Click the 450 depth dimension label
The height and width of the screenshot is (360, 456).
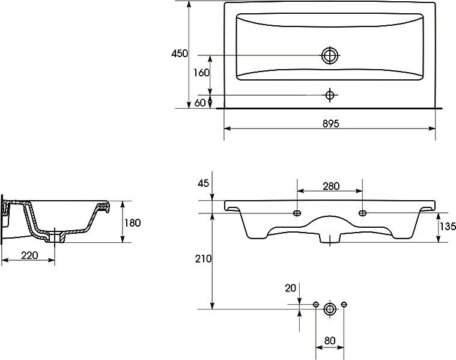(180, 53)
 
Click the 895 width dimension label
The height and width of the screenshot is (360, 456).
(330, 123)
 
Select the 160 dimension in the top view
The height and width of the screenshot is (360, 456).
(201, 73)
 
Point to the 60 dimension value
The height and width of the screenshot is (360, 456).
(201, 103)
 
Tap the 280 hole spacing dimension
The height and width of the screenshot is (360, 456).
(331, 186)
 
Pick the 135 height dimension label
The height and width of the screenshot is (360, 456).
(447, 227)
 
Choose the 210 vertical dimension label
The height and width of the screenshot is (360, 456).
(203, 258)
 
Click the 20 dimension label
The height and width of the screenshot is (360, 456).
(290, 288)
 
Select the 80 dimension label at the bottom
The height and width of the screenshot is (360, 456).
(330, 341)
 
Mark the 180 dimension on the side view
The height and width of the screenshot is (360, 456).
(132, 223)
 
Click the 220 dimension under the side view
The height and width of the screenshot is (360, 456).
(29, 255)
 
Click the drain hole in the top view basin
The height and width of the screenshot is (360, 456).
(329, 56)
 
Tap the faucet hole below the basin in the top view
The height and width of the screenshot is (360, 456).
(329, 94)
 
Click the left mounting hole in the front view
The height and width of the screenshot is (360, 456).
(297, 213)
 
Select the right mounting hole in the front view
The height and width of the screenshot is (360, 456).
(362, 213)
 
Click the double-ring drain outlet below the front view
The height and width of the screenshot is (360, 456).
(330, 309)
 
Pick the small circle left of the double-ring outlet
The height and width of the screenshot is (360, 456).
(317, 305)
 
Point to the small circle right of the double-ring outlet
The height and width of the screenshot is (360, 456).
(344, 305)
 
